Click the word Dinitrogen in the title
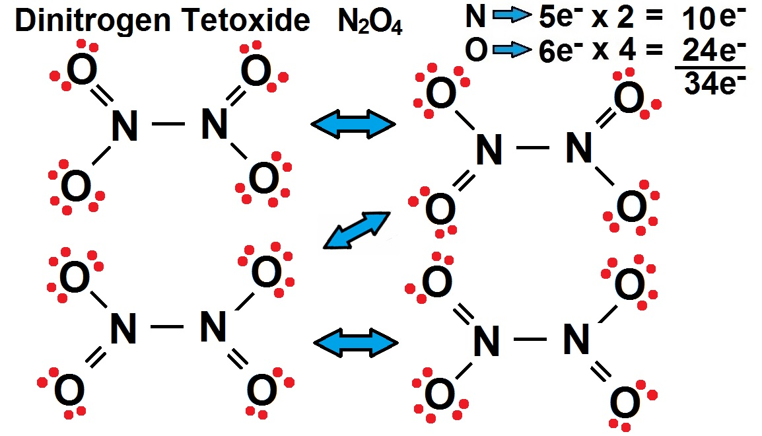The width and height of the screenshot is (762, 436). pos(93,22)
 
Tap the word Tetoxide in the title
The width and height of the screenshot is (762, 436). pos(246,20)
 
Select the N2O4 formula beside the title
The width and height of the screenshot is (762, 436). pos(370,22)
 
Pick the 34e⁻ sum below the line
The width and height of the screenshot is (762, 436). pos(714,83)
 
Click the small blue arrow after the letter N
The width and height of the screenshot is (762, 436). pos(512,16)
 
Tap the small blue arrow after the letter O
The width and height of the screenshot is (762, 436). pos(512,49)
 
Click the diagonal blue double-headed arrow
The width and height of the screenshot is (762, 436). pos(357,231)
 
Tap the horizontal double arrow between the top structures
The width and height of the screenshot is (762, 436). pos(353,124)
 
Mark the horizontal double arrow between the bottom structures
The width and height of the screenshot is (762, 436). pos(356,343)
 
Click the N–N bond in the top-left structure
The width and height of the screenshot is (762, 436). pos(168,124)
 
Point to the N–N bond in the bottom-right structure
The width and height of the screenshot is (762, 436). pos(530,339)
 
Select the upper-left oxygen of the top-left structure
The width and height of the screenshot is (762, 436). pos(82,69)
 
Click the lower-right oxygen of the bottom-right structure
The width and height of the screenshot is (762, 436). pos(625,402)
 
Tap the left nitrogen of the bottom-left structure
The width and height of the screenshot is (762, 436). pos(123,328)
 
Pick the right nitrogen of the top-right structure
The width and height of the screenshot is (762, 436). pos(579,148)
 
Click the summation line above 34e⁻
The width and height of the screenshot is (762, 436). pos(710,68)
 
